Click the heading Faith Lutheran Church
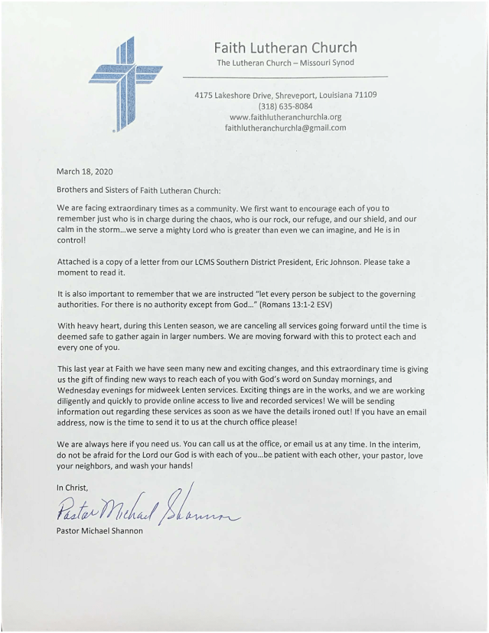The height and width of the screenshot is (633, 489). pos(285,48)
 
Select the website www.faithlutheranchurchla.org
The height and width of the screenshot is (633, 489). pos(285,117)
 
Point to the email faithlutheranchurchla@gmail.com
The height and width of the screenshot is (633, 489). pos(285,128)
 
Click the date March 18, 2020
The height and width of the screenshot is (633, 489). pos(85,171)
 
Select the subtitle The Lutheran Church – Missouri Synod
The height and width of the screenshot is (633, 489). pos(285,63)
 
